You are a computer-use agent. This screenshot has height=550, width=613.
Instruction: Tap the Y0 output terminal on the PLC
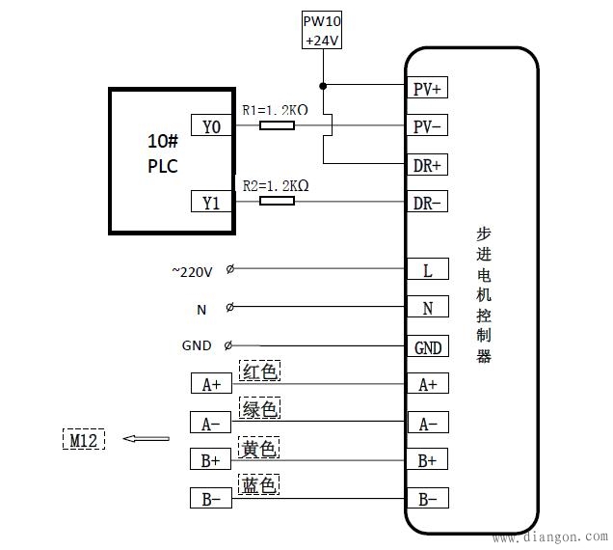pyautogui.click(x=211, y=125)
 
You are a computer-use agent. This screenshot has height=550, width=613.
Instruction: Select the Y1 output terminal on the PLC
pyautogui.click(x=211, y=202)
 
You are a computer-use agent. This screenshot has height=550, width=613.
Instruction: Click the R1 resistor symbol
pyautogui.click(x=278, y=125)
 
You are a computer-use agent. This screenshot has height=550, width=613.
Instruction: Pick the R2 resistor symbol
pyautogui.click(x=278, y=201)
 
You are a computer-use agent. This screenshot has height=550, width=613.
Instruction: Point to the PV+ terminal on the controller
pyautogui.click(x=427, y=90)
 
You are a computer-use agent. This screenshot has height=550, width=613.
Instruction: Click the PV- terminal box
pyautogui.click(x=427, y=126)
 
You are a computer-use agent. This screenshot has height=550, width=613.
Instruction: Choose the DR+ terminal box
pyautogui.click(x=427, y=165)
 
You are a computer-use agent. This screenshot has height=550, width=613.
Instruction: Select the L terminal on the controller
pyautogui.click(x=427, y=269)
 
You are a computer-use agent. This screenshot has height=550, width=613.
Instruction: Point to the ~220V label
pyautogui.click(x=192, y=272)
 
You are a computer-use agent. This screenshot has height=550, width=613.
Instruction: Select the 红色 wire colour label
pyautogui.click(x=259, y=371)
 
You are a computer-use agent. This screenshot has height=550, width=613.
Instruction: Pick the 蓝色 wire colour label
pyautogui.click(x=259, y=485)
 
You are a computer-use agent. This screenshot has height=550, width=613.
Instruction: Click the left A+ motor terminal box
pyautogui.click(x=211, y=384)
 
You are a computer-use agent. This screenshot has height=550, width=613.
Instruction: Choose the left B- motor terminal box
pyautogui.click(x=211, y=499)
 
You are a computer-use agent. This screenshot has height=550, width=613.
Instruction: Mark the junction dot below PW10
pyautogui.click(x=323, y=86)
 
